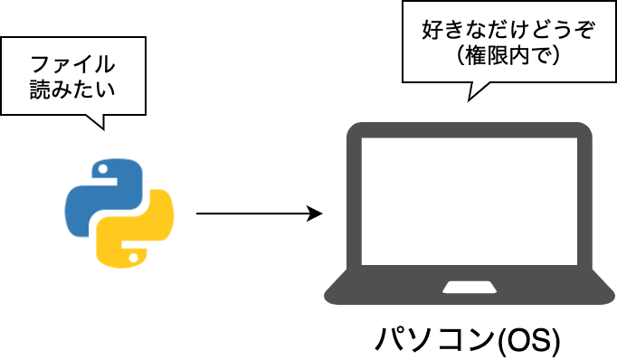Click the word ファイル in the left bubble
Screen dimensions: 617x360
[72, 64]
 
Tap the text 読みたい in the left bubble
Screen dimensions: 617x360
[72, 90]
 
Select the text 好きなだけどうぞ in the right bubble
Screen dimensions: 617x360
[508, 30]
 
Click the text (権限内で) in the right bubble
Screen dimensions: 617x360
[508, 56]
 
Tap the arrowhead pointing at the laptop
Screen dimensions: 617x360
[315, 213]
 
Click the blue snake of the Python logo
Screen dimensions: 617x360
[103, 196]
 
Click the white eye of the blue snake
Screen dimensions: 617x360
[103, 169]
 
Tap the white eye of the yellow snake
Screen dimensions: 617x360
[133, 258]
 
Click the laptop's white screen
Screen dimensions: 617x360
[470, 201]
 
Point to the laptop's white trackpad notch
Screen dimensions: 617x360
[470, 288]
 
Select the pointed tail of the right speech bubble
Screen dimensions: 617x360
[469, 100]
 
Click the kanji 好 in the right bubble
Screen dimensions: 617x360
[432, 30]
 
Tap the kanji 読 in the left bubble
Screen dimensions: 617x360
[41, 90]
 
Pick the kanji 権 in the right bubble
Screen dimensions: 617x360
[476, 56]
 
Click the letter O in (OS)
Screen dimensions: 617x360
[517, 340]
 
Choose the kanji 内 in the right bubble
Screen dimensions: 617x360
[518, 56]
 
